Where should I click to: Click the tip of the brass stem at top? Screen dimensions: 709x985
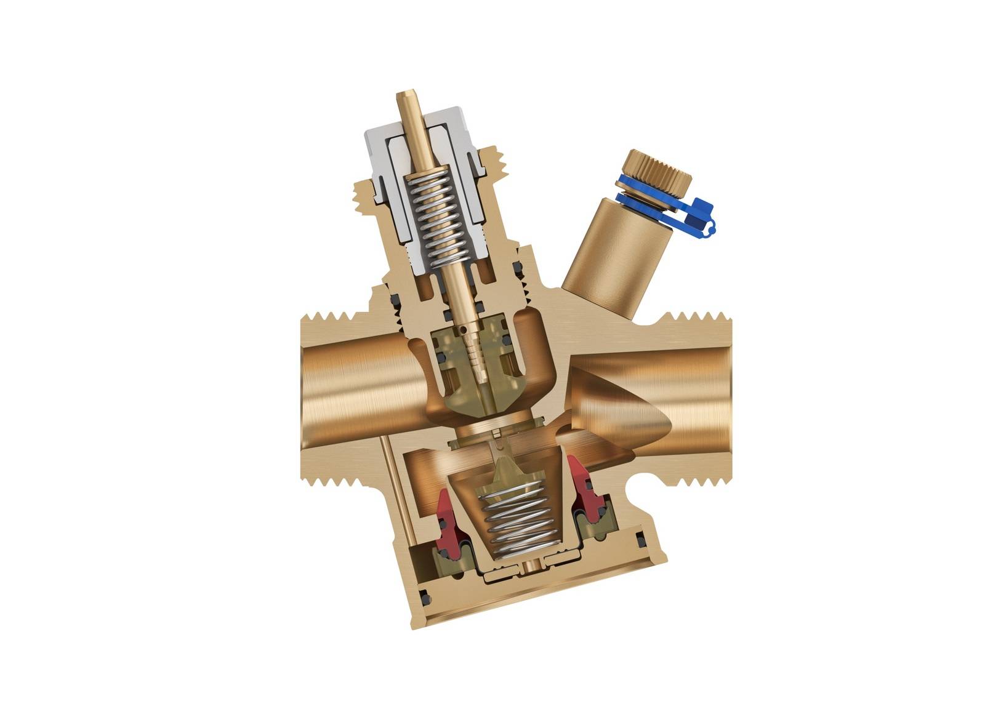pos(406,98)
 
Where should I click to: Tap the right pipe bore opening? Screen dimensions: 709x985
pos(696,394)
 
